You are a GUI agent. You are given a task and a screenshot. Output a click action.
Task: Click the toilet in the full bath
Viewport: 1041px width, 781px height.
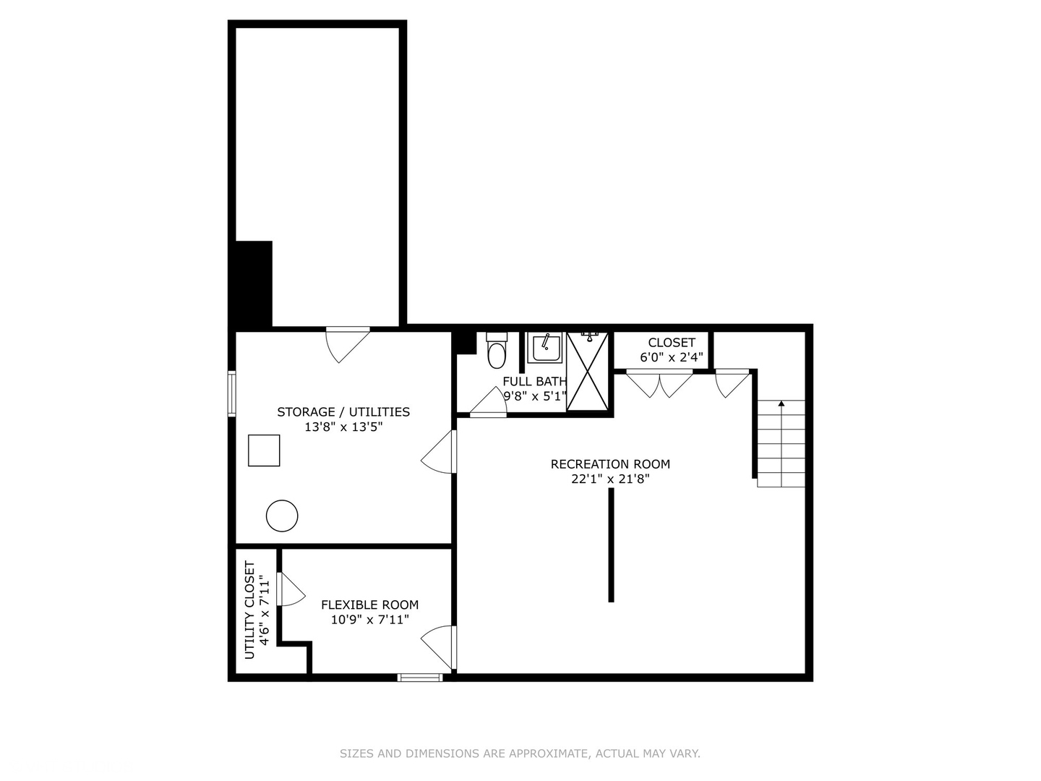click(497, 350)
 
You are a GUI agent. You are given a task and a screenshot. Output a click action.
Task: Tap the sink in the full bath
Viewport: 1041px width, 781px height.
click(544, 348)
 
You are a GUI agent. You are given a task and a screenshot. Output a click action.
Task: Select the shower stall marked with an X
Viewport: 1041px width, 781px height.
click(587, 371)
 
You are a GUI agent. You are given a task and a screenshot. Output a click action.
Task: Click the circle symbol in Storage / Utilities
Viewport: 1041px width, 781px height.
click(282, 516)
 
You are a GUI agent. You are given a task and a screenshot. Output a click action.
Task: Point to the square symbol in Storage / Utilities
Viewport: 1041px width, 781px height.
click(264, 451)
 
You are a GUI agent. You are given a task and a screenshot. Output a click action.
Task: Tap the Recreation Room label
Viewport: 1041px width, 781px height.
click(610, 464)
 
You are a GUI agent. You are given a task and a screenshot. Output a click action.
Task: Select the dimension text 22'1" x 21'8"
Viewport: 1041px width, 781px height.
click(610, 479)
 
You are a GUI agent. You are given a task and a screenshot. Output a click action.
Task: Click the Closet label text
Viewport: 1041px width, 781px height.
click(672, 342)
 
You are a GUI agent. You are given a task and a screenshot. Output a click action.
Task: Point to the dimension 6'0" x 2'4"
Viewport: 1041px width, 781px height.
click(672, 357)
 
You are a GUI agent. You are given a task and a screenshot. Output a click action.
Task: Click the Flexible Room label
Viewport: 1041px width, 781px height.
click(370, 605)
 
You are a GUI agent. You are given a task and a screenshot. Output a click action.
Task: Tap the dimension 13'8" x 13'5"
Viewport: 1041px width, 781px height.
click(343, 427)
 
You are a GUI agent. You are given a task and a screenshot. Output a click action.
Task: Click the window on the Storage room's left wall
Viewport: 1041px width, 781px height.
click(232, 394)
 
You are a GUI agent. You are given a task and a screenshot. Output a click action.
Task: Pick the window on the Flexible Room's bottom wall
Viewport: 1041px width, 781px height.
click(420, 678)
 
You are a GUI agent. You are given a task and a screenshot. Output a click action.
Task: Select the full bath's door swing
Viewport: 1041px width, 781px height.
click(488, 401)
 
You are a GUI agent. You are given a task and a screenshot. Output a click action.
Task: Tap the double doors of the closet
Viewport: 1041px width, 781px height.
click(660, 383)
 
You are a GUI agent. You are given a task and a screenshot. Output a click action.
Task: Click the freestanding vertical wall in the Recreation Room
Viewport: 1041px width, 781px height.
click(612, 545)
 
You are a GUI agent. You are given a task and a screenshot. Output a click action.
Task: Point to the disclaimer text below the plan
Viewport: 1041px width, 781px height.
click(520, 754)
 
